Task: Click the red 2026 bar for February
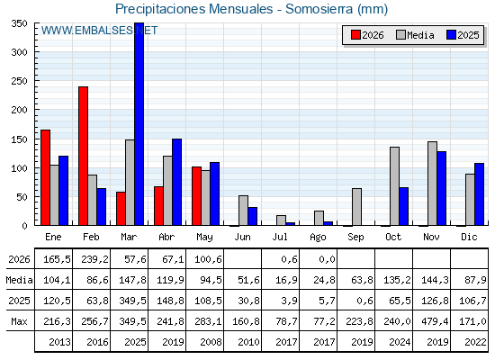point(83,156)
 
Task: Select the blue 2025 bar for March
point(139,124)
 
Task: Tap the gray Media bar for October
point(395,186)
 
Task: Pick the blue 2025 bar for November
point(442,188)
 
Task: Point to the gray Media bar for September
point(356,207)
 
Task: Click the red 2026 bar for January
point(46,177)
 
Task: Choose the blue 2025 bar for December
point(479,194)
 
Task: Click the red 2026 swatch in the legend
point(355,35)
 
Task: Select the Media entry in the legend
point(415,35)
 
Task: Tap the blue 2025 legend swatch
point(451,35)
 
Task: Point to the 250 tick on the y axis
point(19,81)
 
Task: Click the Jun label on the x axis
point(242,238)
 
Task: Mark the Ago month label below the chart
point(318,238)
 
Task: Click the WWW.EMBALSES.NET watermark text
point(99,31)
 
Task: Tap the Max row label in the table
point(19,321)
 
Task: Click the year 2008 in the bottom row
point(211,342)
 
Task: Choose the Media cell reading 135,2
point(397,280)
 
